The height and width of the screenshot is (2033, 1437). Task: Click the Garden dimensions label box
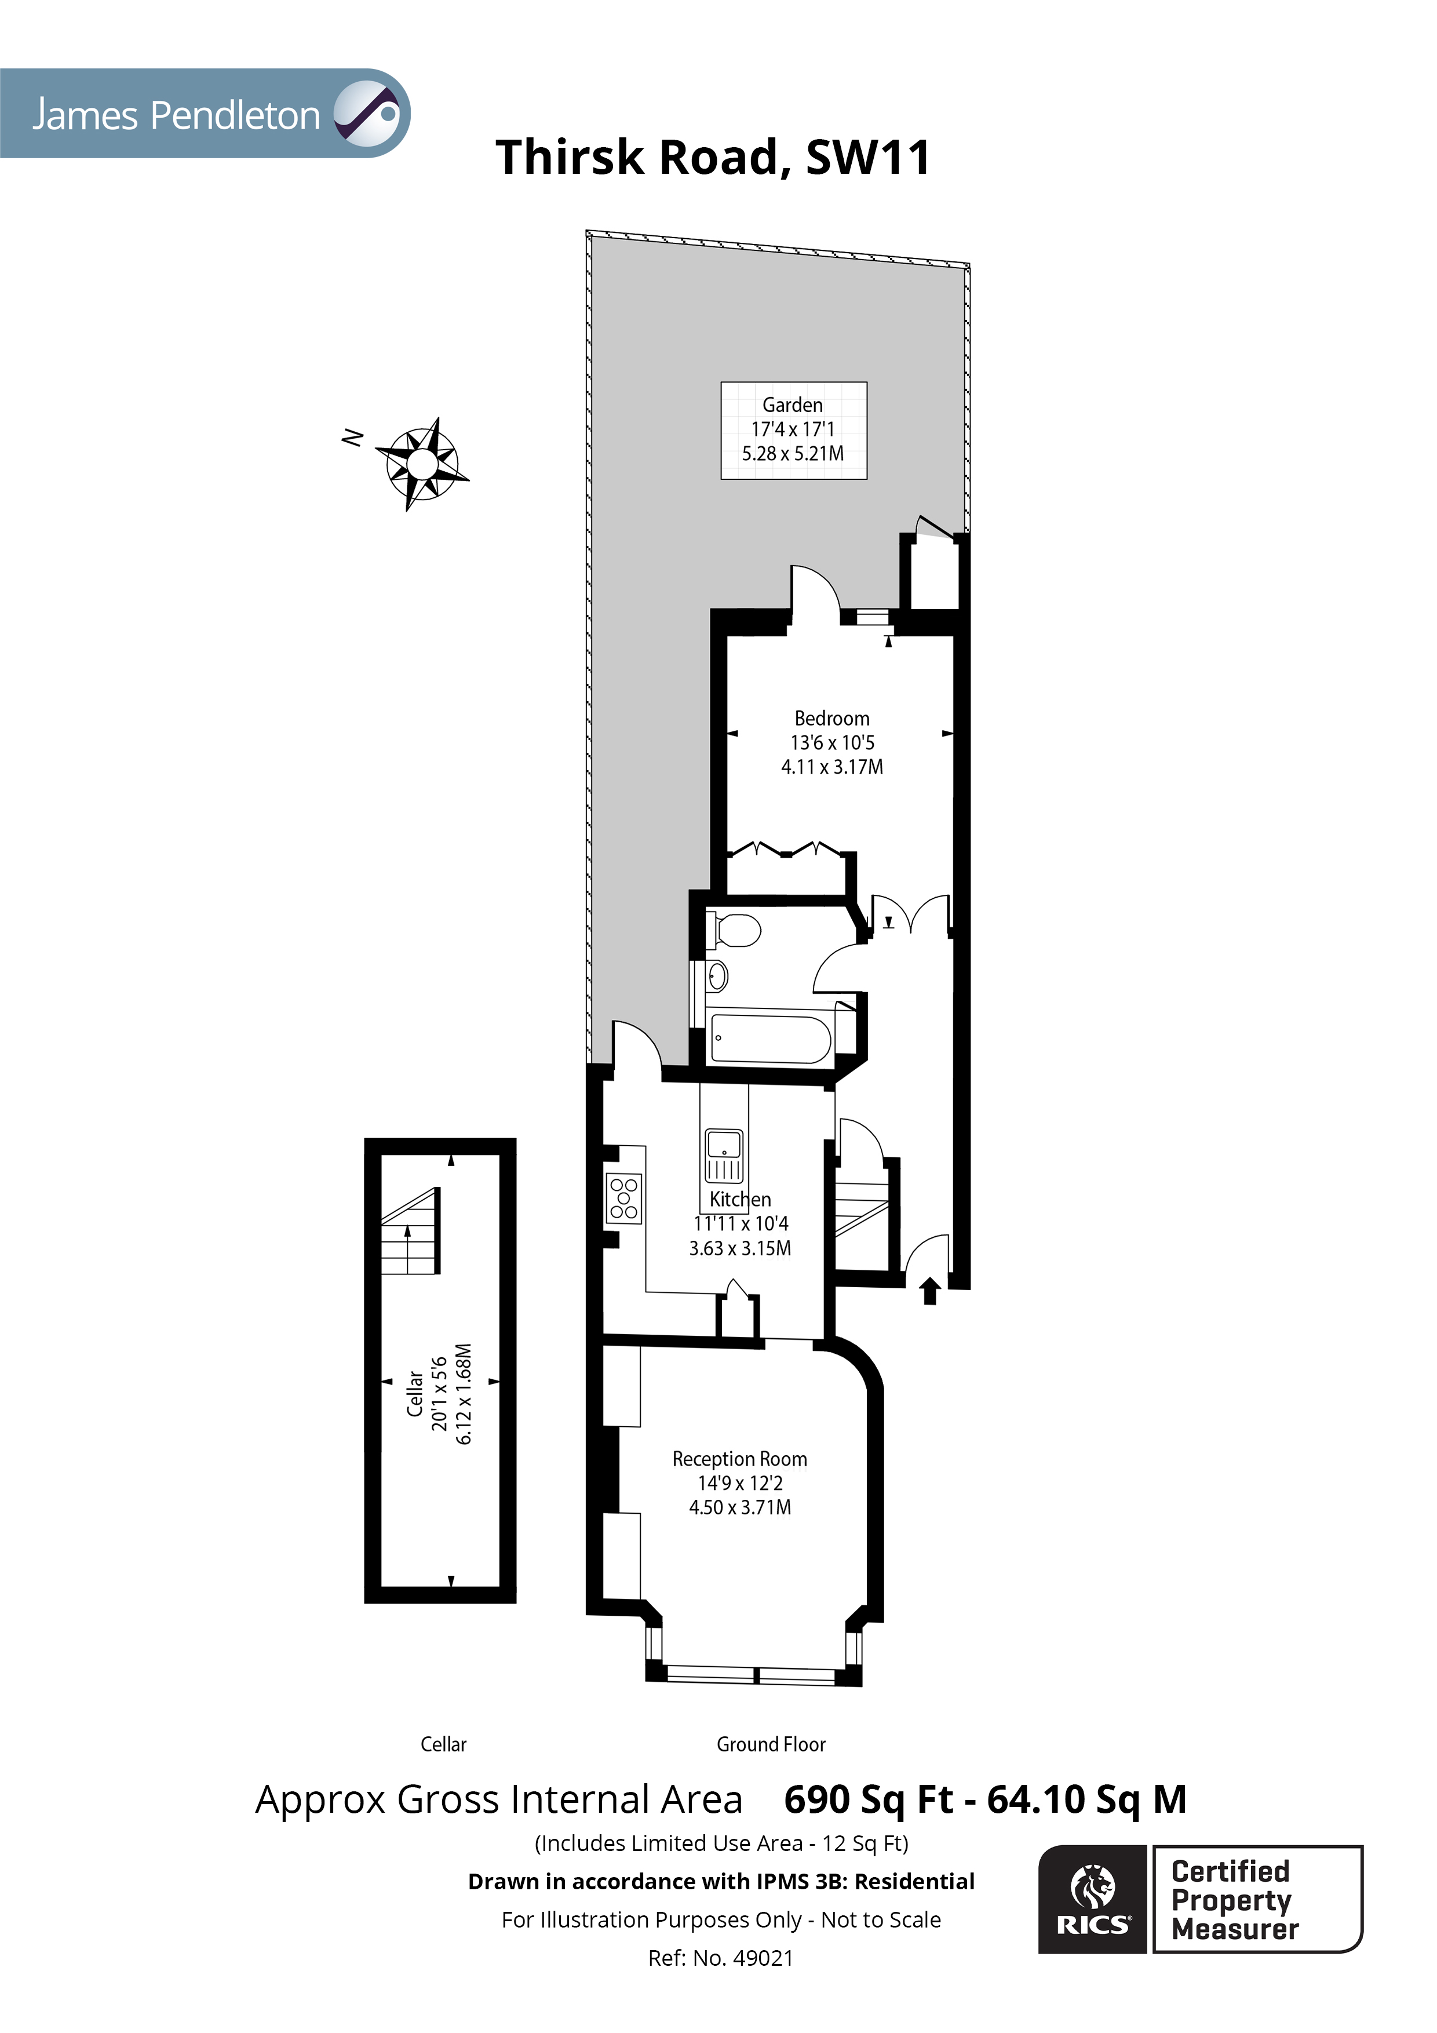[x=793, y=431]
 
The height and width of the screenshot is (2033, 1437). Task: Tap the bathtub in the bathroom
[x=770, y=1039]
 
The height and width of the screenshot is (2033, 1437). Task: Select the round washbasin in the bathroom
[x=717, y=977]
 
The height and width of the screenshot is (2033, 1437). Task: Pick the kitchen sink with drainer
[x=723, y=1156]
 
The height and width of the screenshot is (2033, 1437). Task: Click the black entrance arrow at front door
[x=929, y=1291]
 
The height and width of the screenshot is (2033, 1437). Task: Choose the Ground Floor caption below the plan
[x=770, y=1744]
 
